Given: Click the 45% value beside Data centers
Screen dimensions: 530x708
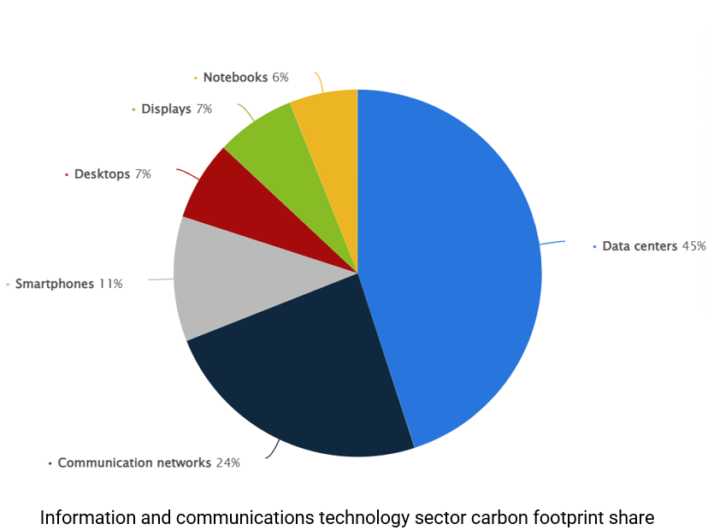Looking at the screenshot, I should tap(693, 246).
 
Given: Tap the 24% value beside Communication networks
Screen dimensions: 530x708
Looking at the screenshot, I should tap(227, 463).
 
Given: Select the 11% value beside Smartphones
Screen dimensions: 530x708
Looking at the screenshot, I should tap(110, 284).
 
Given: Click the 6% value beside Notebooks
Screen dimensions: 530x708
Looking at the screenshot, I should tap(280, 78).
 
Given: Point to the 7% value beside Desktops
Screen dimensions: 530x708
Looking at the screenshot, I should tap(143, 174).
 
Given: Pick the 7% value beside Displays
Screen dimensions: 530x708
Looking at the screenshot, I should tap(204, 109).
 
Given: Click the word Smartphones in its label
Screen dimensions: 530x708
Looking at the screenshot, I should tap(55, 284).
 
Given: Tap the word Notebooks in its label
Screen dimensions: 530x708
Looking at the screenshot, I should tap(235, 78).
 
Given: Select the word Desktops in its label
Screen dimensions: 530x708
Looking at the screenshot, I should tap(102, 174).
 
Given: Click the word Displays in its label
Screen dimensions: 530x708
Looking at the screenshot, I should tap(166, 109).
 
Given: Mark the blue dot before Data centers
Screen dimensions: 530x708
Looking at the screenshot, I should tap(594, 246).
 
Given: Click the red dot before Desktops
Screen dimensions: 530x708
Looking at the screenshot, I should tap(66, 174).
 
